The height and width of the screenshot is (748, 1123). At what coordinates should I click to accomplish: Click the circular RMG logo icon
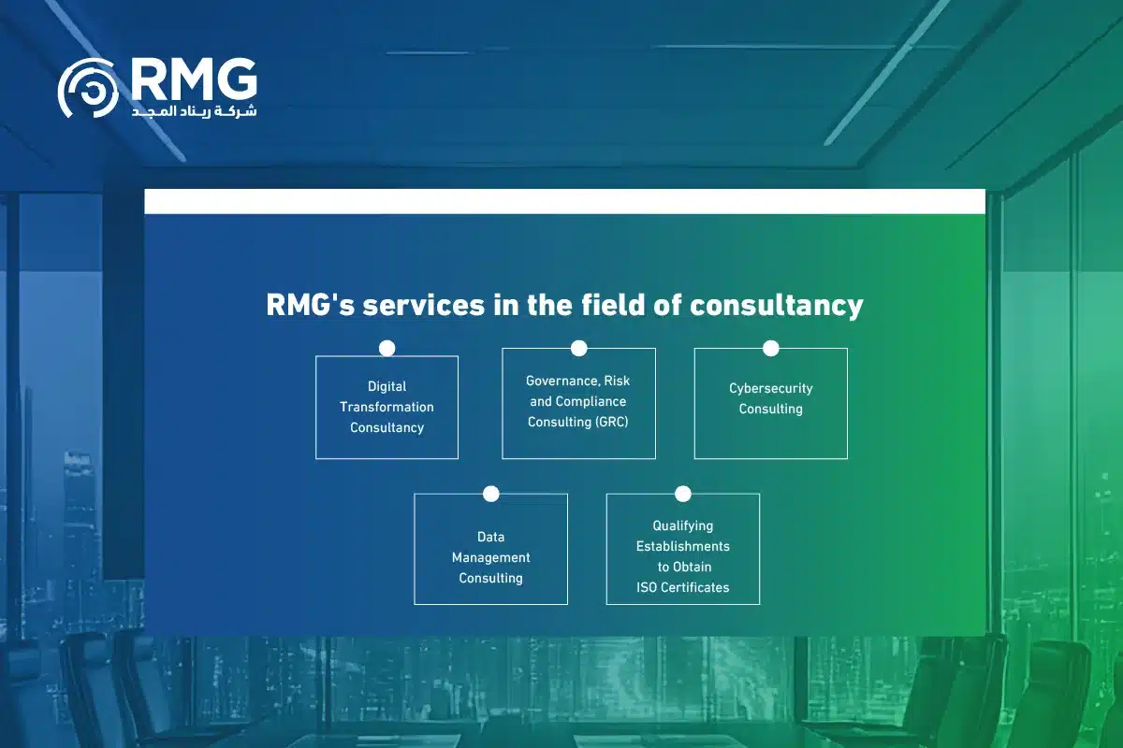click(x=88, y=89)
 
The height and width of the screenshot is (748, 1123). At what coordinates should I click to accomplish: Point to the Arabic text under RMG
click(x=194, y=111)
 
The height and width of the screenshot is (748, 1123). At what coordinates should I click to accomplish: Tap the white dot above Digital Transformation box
click(x=386, y=348)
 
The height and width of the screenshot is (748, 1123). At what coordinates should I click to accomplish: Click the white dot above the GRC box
click(x=578, y=348)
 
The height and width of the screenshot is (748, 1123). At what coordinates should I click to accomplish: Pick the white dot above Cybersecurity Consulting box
click(x=770, y=348)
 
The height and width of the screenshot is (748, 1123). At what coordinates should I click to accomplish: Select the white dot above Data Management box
click(x=490, y=494)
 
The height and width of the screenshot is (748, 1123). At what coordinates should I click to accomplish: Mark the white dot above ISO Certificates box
click(x=682, y=494)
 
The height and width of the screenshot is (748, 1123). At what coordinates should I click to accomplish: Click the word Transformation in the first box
click(x=386, y=407)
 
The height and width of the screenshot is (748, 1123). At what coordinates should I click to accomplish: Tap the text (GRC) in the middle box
click(x=610, y=422)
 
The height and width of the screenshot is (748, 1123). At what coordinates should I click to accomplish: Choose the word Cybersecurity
click(x=770, y=388)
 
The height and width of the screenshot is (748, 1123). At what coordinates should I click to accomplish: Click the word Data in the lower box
click(x=490, y=537)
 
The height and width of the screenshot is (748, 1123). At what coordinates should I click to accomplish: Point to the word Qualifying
click(x=682, y=525)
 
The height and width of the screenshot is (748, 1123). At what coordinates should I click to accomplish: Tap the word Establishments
click(x=682, y=546)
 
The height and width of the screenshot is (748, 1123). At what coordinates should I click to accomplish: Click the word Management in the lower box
click(x=490, y=557)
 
